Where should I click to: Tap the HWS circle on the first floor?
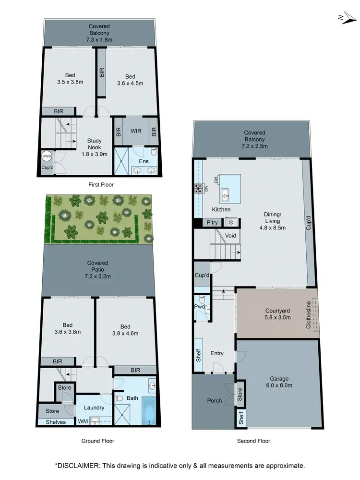pos(47,156)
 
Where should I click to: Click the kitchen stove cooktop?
pos(198,189)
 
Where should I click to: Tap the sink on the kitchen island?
pos(225,194)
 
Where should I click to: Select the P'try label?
pos(212,223)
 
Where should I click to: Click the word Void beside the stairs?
pos(230,236)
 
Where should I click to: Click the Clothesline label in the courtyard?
pos(309,314)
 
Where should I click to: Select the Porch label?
pos(214,400)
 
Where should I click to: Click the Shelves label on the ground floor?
pos(56,422)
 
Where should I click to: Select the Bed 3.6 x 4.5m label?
pos(130,80)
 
